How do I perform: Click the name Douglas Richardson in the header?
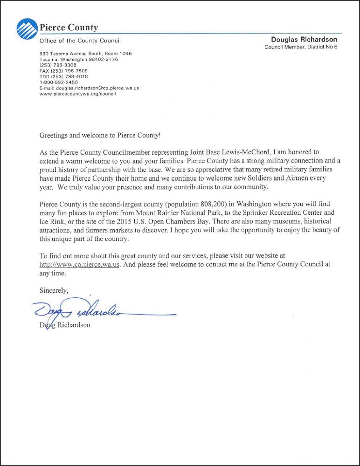click(x=304, y=40)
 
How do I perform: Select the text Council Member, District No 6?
click(x=301, y=47)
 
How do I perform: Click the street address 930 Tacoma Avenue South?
click(x=75, y=54)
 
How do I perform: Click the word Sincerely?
click(x=54, y=290)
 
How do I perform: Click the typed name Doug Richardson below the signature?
click(x=65, y=325)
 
